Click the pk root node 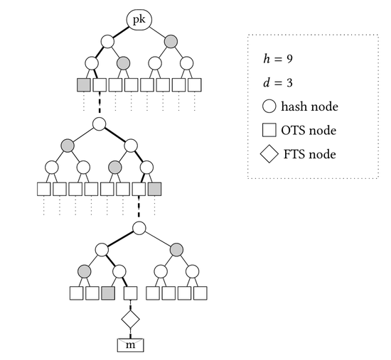coord(139,20)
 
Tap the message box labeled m coord(130,345)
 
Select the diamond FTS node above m coord(130,319)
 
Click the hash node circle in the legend coord(269,106)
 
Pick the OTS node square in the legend coord(269,130)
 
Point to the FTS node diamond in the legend coord(269,153)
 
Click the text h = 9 coord(278,59)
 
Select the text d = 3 coord(278,82)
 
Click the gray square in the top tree coord(84,85)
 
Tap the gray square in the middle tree coord(154,189)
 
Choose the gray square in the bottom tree coord(108,293)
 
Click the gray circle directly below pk coord(171,41)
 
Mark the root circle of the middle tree coord(100,124)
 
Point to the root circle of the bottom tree coord(139,228)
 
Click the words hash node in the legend coord(310,107)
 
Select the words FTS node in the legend coord(310,154)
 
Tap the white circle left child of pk coord(108,41)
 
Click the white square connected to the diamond coord(130,293)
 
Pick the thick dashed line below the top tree coord(100,102)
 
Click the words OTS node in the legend coord(309,131)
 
